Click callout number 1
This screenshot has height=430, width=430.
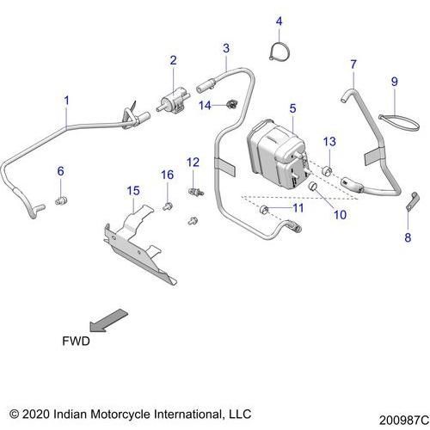(67, 101)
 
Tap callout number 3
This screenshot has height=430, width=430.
(225, 47)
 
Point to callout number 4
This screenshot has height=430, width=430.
(279, 21)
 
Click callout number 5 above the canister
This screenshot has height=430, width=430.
(292, 108)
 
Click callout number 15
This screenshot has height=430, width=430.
(132, 190)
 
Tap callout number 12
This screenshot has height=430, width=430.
(193, 162)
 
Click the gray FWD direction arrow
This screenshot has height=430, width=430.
(109, 320)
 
